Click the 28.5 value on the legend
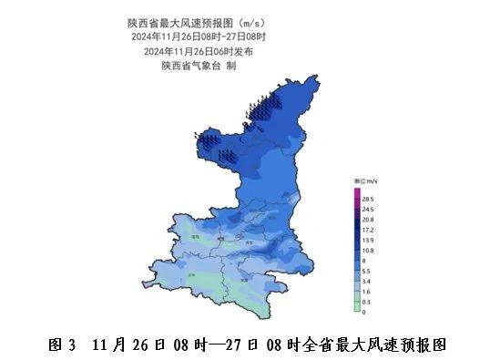pos(369,199)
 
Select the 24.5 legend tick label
pos(369,210)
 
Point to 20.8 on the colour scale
pos(369,220)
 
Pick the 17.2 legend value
pos(369,230)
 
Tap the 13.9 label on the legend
pos(369,240)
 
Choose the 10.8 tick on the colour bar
pos(369,250)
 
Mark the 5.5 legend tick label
pos(366,271)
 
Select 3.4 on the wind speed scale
pos(366,281)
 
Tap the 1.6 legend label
pos(366,291)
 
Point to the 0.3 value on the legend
pos(366,301)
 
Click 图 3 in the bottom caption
pos(60,345)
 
